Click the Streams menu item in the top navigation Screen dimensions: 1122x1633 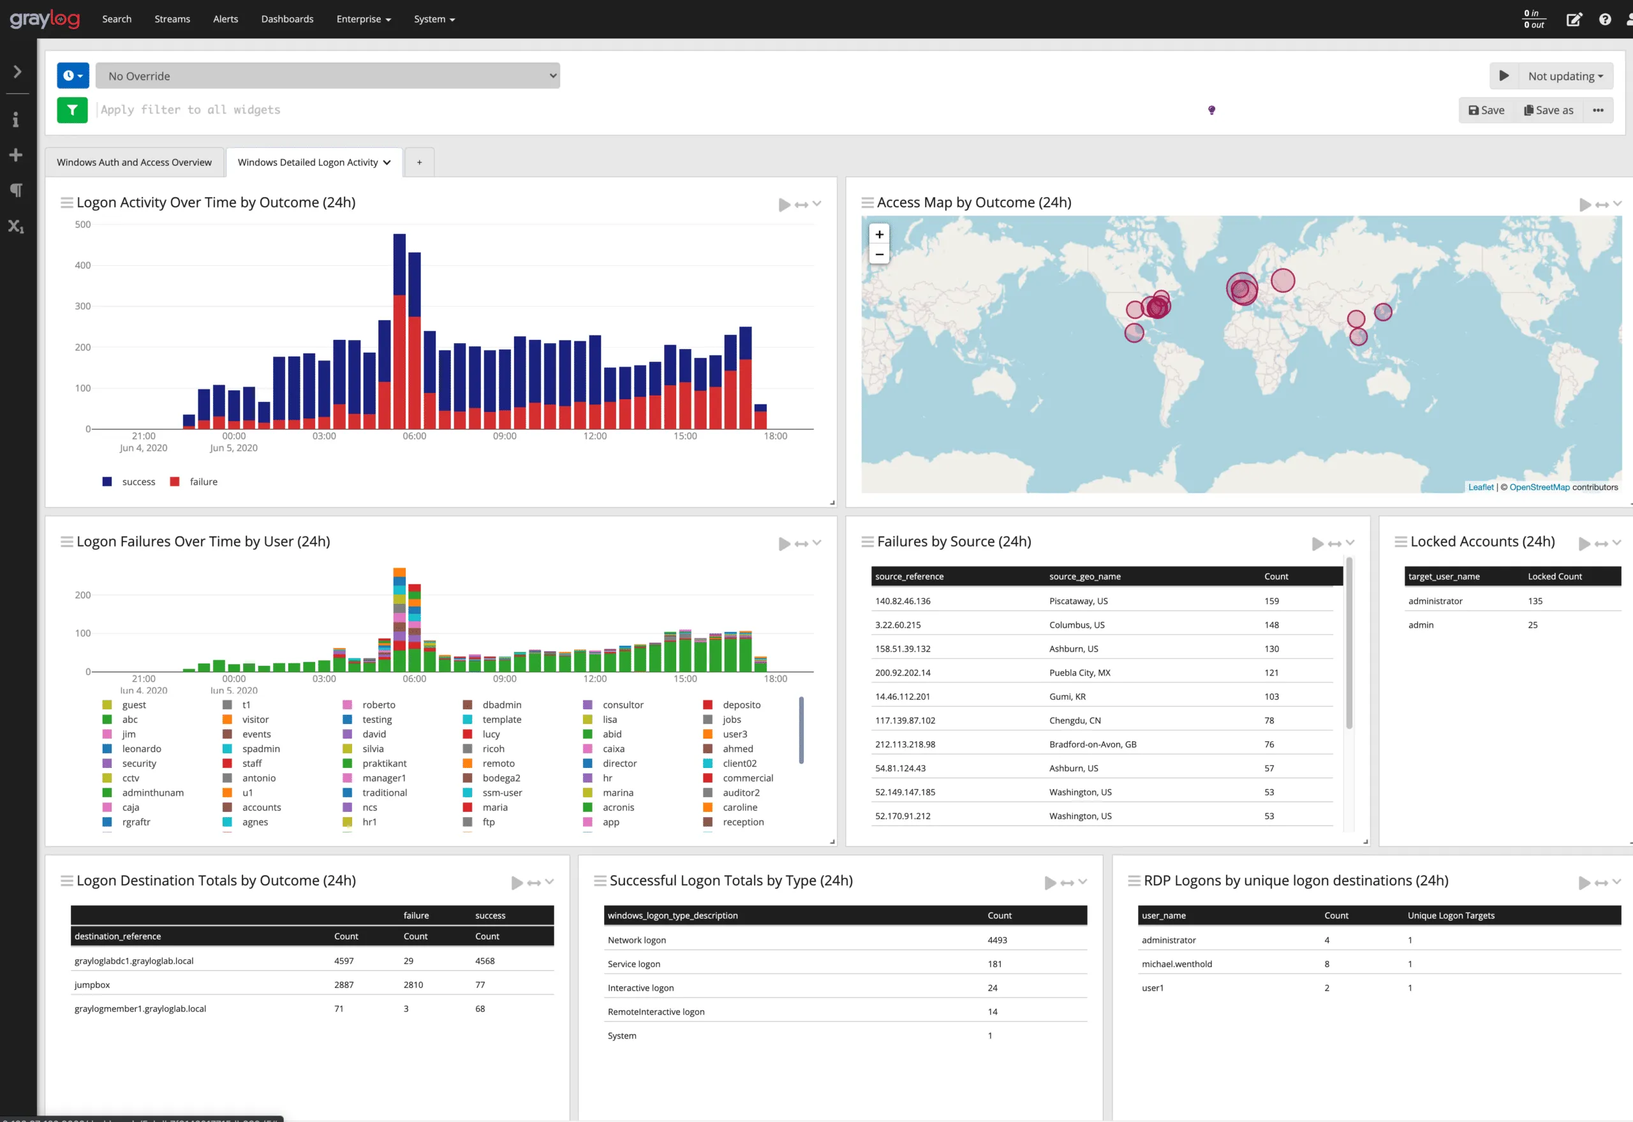172,19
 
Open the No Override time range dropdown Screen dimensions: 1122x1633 328,76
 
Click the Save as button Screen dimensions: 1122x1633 1549,110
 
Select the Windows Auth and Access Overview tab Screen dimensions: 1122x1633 134,163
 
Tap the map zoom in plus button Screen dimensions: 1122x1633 879,234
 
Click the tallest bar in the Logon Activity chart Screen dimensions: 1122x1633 399,330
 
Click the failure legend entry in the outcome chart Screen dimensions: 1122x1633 202,482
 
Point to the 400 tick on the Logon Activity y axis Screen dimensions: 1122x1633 83,265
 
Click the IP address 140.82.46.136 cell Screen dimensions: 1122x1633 903,601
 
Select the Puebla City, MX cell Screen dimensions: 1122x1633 1080,673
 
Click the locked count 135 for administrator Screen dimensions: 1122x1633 1535,601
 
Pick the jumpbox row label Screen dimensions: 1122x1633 92,985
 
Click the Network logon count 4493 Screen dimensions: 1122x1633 997,940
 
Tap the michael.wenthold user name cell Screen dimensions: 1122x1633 1177,964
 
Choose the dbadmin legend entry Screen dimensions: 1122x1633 501,704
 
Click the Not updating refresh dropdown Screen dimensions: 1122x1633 1565,76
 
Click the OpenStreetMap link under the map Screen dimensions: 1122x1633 1539,487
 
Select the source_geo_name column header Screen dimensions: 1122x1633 1084,577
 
